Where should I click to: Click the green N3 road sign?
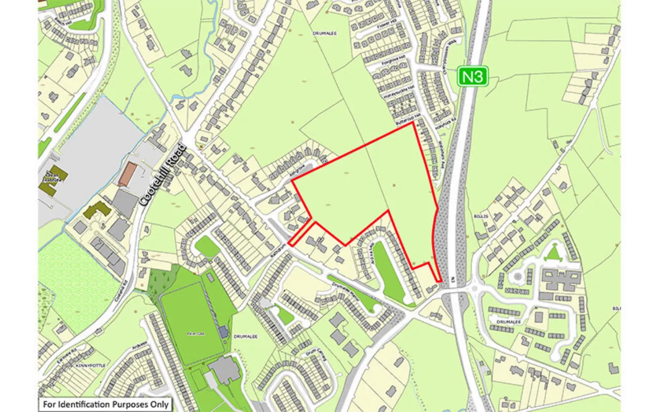pyautogui.click(x=473, y=77)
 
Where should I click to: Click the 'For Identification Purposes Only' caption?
pyautogui.click(x=106, y=404)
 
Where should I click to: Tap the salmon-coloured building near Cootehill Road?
pyautogui.click(x=128, y=174)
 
